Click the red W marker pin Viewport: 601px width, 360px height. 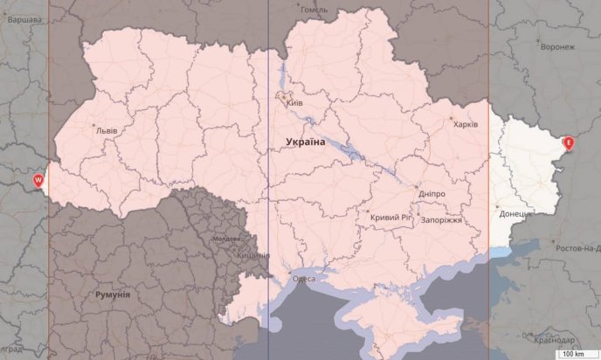[38, 179]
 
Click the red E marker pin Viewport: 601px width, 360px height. [569, 142]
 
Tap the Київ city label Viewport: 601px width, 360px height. [294, 103]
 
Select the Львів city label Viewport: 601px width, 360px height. [106, 130]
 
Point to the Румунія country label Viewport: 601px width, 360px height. [113, 294]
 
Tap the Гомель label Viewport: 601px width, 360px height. [314, 10]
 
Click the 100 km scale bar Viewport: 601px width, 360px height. [573, 354]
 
